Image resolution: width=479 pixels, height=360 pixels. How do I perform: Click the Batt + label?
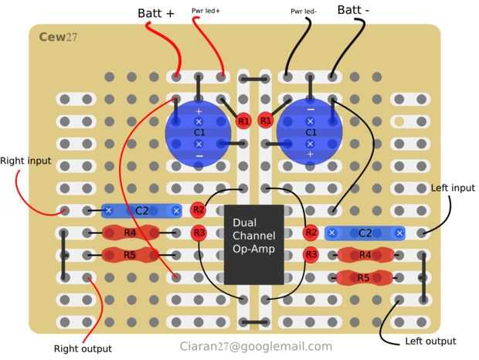[156, 13]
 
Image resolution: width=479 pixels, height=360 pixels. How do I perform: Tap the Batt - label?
[353, 10]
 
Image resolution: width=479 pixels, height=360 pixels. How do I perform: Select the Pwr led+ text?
[206, 11]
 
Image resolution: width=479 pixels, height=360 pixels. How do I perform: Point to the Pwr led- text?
[304, 12]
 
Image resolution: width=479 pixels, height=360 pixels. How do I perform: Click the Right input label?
[25, 161]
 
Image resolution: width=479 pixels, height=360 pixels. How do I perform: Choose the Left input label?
[453, 188]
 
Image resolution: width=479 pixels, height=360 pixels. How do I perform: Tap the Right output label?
[83, 348]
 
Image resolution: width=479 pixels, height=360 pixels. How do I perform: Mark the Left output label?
[430, 341]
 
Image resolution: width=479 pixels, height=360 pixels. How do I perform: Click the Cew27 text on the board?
[58, 37]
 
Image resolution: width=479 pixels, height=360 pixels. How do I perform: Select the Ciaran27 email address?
[256, 346]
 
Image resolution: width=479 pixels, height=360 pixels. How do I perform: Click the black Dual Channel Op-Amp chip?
[254, 245]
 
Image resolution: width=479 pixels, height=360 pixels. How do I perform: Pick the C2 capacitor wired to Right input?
[141, 211]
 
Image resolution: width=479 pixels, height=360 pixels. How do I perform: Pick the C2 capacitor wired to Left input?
[365, 233]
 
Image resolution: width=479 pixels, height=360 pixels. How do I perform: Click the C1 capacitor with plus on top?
[199, 133]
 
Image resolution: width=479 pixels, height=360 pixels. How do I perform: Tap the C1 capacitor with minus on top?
[310, 133]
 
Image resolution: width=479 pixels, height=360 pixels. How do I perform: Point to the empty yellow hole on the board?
[399, 121]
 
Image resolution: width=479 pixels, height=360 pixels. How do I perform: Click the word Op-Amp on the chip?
[253, 249]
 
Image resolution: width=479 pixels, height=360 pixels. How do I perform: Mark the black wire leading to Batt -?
[349, 46]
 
